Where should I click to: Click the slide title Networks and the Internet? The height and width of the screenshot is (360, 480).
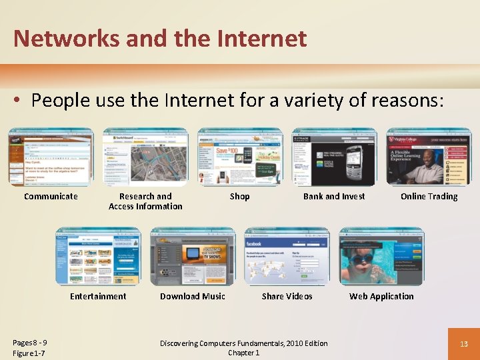[160, 38]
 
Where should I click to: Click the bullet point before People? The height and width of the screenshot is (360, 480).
[18, 101]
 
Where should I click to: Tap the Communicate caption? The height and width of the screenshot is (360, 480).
[51, 196]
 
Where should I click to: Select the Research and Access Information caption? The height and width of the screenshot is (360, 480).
[145, 201]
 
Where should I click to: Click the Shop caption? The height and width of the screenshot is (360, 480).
[239, 196]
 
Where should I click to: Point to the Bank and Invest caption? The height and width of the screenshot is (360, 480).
[334, 196]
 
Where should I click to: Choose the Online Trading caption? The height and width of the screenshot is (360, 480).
[429, 196]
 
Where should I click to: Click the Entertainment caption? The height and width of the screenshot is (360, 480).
[98, 296]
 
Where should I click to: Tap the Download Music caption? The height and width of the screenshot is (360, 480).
[193, 296]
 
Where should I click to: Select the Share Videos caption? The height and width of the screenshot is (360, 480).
[287, 296]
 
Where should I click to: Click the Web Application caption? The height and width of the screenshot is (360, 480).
[381, 296]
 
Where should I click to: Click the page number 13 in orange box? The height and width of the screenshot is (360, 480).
[463, 343]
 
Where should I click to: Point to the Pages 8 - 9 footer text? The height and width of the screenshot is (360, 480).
[30, 343]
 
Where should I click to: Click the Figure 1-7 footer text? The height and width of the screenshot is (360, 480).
[29, 353]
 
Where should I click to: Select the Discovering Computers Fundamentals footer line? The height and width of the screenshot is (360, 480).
[244, 343]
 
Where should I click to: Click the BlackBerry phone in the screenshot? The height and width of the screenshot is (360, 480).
[360, 160]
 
